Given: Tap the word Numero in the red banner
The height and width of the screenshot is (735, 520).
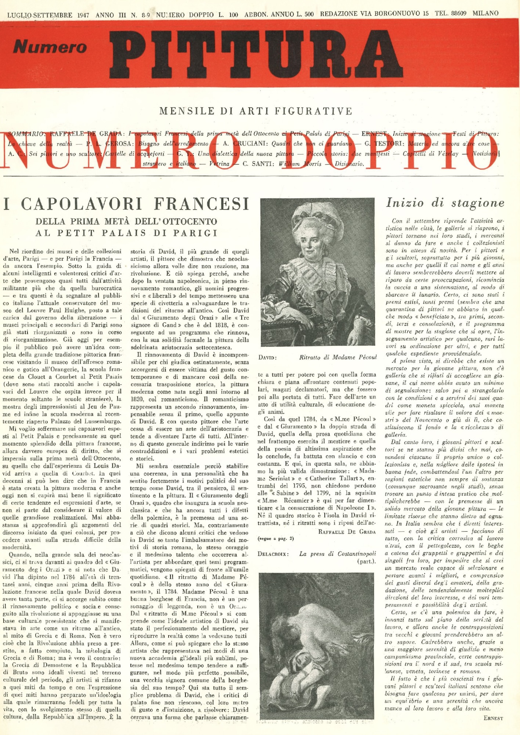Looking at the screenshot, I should point(50,47).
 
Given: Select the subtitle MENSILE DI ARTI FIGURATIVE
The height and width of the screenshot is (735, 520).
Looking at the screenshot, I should point(256,111).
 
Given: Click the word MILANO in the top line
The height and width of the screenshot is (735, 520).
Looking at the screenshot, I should point(485,14).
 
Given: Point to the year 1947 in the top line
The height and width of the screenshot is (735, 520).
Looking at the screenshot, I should point(83,15).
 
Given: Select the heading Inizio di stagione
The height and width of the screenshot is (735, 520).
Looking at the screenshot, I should point(445,203).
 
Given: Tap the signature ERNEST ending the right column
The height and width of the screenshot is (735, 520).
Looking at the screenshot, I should point(493,718).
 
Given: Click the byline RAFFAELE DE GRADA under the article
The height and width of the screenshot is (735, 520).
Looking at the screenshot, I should point(347,532).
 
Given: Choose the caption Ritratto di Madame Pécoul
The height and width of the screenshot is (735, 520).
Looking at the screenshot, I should point(338,357).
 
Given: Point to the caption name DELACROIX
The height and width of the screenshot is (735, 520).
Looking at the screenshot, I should point(273,554).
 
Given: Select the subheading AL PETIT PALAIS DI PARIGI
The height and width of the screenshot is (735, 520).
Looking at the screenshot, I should point(126,233).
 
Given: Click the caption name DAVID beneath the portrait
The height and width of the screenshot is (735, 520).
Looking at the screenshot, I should point(267,358).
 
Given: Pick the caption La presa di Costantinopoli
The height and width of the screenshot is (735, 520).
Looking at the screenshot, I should point(337,554).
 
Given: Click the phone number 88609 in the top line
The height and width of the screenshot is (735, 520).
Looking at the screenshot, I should point(459,14).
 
